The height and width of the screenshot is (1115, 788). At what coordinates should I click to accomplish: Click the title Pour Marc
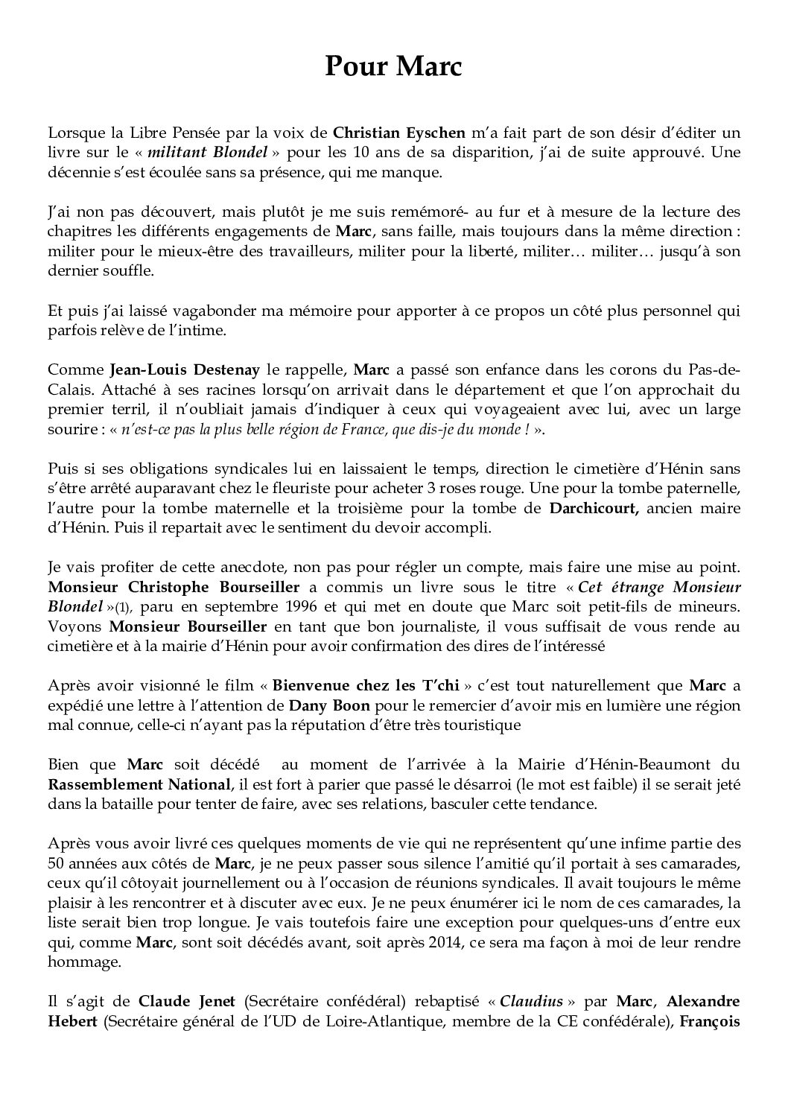(x=393, y=68)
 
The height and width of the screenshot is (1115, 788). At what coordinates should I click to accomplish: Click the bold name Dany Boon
(x=328, y=705)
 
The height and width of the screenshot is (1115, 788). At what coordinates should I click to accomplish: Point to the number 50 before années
(x=57, y=863)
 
